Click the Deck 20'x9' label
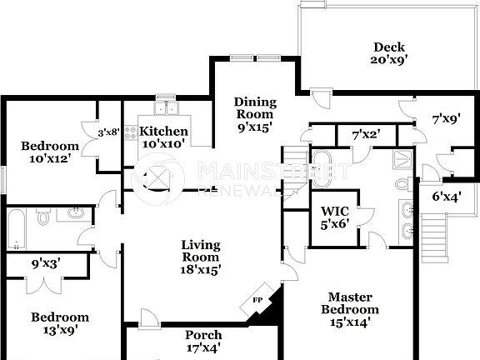click(389, 53)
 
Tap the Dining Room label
click(255, 115)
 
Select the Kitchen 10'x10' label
click(163, 137)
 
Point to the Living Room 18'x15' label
click(201, 257)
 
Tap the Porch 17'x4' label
click(202, 342)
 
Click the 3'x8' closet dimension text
click(109, 132)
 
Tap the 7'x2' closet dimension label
click(366, 134)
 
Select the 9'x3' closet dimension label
click(47, 263)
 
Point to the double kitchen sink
click(165, 106)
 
